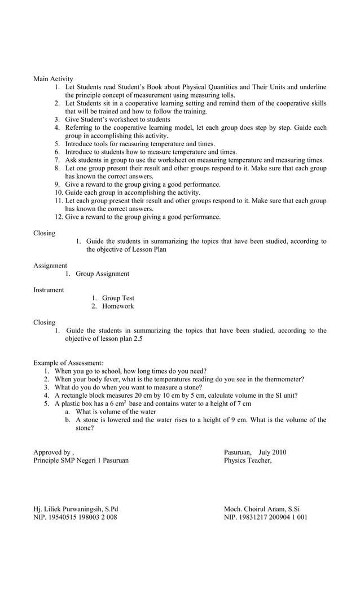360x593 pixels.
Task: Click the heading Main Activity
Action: coord(53,79)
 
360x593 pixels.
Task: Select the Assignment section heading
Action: coord(50,266)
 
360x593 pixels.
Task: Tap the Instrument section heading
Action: coord(49,290)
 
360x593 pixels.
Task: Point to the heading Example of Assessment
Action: coord(68,363)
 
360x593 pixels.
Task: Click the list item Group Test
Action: coord(118,298)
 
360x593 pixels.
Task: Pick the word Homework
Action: coord(118,306)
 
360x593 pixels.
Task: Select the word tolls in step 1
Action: coord(226,95)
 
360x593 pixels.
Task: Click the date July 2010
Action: coord(272,452)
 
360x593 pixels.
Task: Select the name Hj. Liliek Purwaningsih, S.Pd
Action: coord(76,508)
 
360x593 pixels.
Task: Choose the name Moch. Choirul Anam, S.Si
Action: coord(262,508)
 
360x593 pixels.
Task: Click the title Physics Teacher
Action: coord(248,460)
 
